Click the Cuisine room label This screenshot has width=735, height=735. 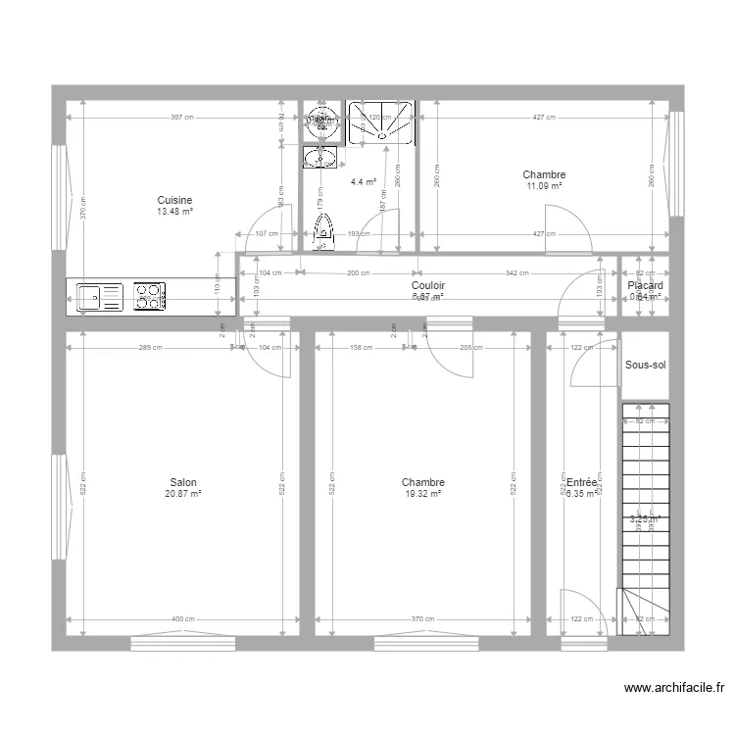tap(174, 201)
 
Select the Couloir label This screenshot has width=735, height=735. tap(428, 285)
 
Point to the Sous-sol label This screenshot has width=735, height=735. tap(645, 366)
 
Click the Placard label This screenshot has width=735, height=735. tap(645, 285)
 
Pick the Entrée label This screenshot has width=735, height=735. tap(581, 482)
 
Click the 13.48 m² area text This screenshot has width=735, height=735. tap(174, 212)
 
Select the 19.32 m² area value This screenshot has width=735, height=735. tap(423, 494)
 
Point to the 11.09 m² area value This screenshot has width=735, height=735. tap(545, 186)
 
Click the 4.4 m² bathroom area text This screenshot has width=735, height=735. tap(364, 181)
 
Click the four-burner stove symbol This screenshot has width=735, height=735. tap(149, 296)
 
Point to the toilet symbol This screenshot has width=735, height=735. tap(321, 231)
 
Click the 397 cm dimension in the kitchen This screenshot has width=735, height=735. tap(181, 118)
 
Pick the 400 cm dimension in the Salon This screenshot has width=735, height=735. tap(183, 618)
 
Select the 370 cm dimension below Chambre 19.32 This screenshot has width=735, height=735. tap(422, 618)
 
